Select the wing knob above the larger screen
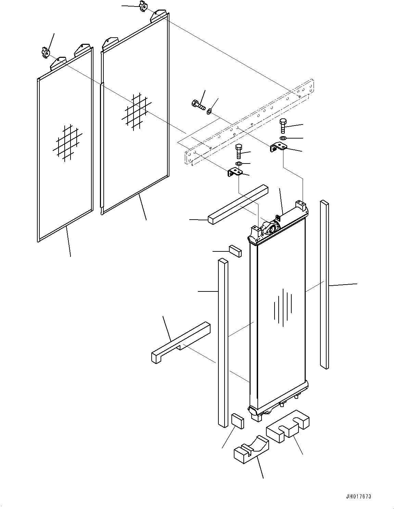pos(143,6)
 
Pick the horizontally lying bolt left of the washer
pos(198,104)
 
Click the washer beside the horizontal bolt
pos(209,110)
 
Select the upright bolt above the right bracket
pos(283,126)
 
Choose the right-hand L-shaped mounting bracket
pos(279,148)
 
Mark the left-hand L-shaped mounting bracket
pos(235,172)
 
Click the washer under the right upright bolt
pos(283,138)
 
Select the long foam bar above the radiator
pos(238,205)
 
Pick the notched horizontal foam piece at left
pos(181,342)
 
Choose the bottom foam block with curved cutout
pos(252,449)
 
